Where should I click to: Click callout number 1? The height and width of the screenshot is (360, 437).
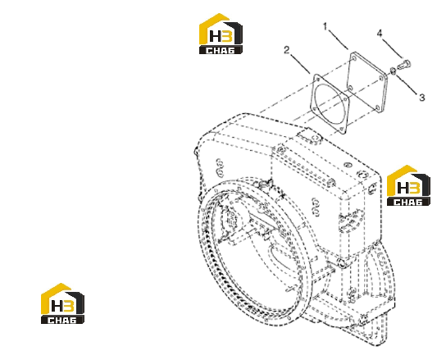pyautogui.click(x=325, y=26)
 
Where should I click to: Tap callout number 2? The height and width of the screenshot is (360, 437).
pyautogui.click(x=287, y=50)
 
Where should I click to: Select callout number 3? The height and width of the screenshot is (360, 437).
pyautogui.click(x=422, y=98)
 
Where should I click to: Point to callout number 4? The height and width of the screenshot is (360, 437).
pyautogui.click(x=380, y=34)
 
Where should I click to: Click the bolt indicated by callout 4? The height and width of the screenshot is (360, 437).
pyautogui.click(x=404, y=64)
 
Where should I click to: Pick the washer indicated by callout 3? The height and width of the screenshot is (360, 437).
pyautogui.click(x=393, y=71)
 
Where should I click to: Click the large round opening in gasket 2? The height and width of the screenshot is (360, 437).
pyautogui.click(x=330, y=103)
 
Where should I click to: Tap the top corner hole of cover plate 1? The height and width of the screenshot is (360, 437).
pyautogui.click(x=354, y=58)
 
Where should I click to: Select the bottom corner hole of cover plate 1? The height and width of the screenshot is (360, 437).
pyautogui.click(x=377, y=107)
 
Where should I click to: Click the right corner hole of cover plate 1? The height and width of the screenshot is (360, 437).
pyautogui.click(x=380, y=78)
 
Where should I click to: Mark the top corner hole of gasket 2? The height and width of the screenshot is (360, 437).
pyautogui.click(x=318, y=80)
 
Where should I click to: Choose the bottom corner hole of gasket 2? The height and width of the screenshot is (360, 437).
pyautogui.click(x=341, y=129)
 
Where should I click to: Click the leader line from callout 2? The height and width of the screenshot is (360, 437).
pyautogui.click(x=301, y=64)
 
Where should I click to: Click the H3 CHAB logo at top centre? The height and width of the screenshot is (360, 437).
pyautogui.click(x=221, y=34)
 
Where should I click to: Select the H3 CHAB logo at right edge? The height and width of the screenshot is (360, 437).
pyautogui.click(x=408, y=185)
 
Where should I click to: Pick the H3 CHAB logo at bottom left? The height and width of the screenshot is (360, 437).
pyautogui.click(x=62, y=303)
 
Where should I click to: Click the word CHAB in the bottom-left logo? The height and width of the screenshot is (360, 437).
pyautogui.click(x=62, y=320)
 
